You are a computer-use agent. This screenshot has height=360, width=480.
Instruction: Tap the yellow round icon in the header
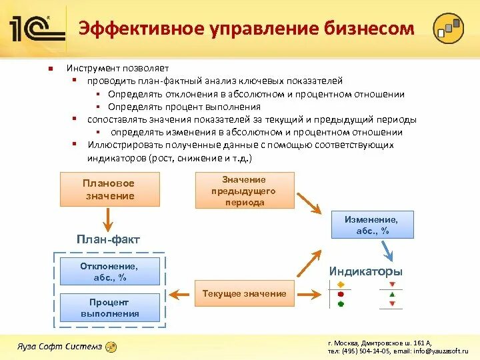point(447,29)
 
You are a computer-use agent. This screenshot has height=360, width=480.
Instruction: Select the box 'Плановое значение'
point(109,189)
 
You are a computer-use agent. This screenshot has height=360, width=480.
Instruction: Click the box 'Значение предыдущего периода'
point(244,191)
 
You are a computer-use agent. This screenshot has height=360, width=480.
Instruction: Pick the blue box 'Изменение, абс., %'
point(372,225)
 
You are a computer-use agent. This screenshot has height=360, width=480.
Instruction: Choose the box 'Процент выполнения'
point(110,308)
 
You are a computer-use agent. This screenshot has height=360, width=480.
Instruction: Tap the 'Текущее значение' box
point(244,293)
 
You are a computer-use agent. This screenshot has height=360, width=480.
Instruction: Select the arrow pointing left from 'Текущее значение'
point(179,292)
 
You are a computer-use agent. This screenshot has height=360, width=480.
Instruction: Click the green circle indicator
point(341,303)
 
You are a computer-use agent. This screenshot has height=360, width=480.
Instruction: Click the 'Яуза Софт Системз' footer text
point(60,346)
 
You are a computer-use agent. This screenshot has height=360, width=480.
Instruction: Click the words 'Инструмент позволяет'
point(117,68)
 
